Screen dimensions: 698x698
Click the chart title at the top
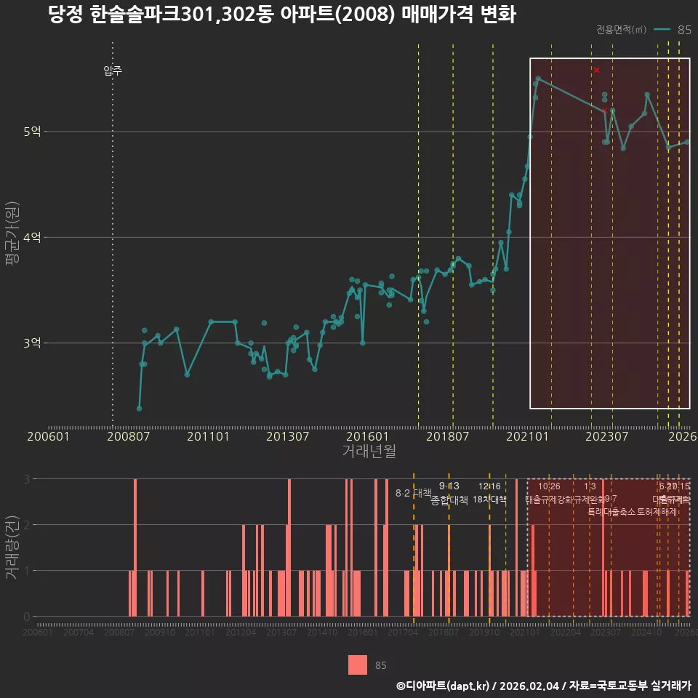pos(281,15)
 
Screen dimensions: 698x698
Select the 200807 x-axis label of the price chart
pos(128,437)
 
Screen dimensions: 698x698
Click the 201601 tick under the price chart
pos(367,437)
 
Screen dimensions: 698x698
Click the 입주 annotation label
pos(113,71)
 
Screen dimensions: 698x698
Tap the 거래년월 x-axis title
pos(369,452)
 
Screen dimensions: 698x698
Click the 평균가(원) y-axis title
pos(12,237)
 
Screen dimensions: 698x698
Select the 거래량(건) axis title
pos(12,547)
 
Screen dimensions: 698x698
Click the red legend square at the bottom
pos(358,665)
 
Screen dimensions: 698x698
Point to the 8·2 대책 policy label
pos(414,493)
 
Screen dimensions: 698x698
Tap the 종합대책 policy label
pos(449,500)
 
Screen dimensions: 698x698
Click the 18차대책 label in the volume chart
pos(489,500)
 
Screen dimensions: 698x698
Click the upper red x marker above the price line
pos(596,70)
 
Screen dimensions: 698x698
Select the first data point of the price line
pos(139,409)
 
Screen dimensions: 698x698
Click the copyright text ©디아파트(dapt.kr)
pos(444,685)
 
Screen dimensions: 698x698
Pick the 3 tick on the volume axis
pos(27,479)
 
